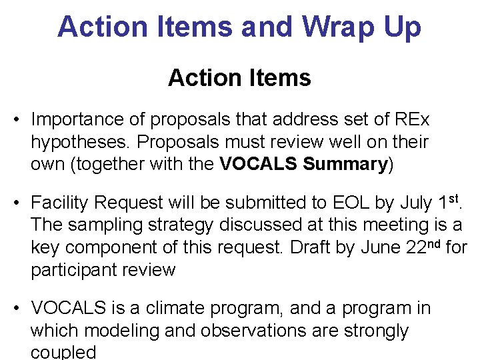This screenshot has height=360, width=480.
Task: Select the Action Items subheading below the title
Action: point(239,78)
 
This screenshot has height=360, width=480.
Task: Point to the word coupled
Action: point(63,352)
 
